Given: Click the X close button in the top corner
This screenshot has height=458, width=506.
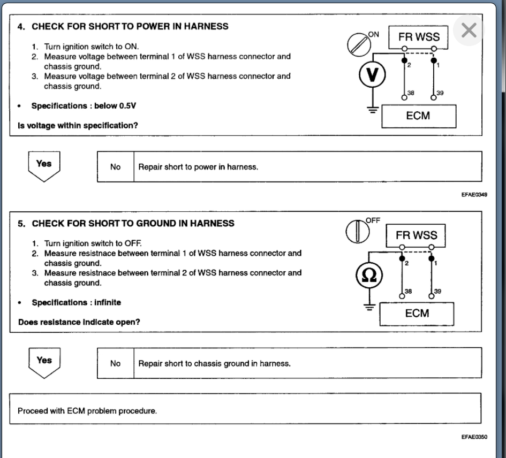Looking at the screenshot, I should (469, 30).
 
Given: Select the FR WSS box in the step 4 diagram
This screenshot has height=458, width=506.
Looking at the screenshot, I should (419, 37).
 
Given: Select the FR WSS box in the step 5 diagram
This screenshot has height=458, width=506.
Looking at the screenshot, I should (416, 235).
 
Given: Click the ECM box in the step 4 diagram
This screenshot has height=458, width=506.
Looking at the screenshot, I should (418, 116).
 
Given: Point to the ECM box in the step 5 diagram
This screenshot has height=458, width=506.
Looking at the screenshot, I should (417, 314).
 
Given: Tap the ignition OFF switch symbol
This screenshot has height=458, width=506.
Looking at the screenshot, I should (355, 231).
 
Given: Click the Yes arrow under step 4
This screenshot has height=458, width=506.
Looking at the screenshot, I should (44, 165).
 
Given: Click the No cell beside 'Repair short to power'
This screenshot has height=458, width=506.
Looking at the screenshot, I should (116, 167).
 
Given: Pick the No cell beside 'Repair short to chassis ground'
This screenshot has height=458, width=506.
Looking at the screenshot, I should (116, 363).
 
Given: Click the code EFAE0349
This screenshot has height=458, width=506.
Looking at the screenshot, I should (474, 195).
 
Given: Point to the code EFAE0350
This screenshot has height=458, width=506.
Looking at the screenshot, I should (474, 437).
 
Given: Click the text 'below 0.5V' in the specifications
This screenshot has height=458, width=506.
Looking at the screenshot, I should (115, 106).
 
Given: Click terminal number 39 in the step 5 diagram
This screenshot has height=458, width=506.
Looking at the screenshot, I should (437, 292).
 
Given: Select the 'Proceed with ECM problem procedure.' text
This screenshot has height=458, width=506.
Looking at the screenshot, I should (87, 411).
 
